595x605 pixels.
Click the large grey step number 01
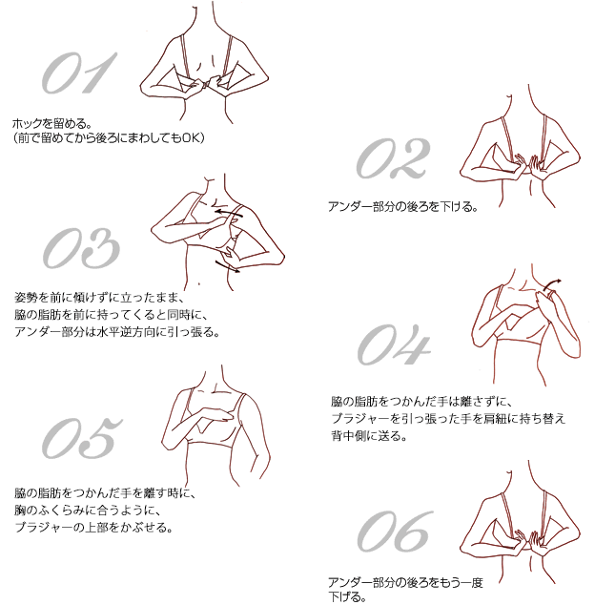click(x=79, y=73)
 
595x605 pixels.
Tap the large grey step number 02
click(x=393, y=158)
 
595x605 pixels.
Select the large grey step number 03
click(x=81, y=248)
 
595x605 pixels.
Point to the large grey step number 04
click(x=393, y=344)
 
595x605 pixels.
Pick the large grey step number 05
click(x=82, y=438)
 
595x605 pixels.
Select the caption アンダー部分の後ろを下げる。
click(x=403, y=207)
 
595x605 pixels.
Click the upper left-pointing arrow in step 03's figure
click(x=229, y=211)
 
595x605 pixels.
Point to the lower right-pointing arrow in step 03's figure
click(x=228, y=266)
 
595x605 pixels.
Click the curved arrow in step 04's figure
click(x=551, y=284)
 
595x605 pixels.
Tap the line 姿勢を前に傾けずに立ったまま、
click(x=99, y=298)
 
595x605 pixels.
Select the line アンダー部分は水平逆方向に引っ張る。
click(x=117, y=332)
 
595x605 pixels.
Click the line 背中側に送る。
click(x=369, y=436)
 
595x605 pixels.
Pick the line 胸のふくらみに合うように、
click(x=87, y=511)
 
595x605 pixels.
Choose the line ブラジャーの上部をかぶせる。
click(x=93, y=527)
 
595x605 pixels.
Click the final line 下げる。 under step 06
click(x=347, y=597)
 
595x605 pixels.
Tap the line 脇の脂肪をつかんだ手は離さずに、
click(x=421, y=402)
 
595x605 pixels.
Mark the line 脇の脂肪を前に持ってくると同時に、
click(x=111, y=315)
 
